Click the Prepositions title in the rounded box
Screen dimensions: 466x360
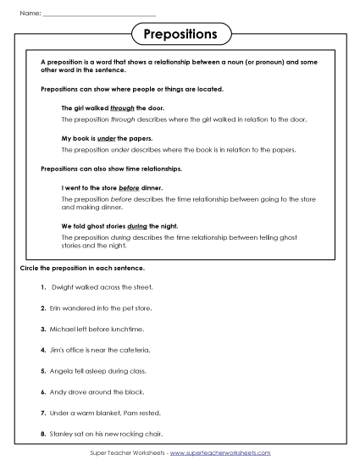(x=180, y=35)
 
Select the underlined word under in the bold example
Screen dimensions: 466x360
(x=107, y=137)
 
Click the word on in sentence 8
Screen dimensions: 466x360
(x=91, y=433)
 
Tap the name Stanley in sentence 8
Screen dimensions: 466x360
(x=62, y=433)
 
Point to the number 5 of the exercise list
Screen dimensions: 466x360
(x=42, y=370)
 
